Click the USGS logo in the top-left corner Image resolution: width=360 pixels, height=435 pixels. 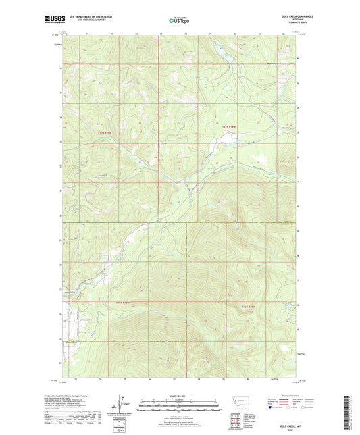[x=53, y=20]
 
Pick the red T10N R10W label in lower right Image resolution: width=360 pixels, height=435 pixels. [x=248, y=307]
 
